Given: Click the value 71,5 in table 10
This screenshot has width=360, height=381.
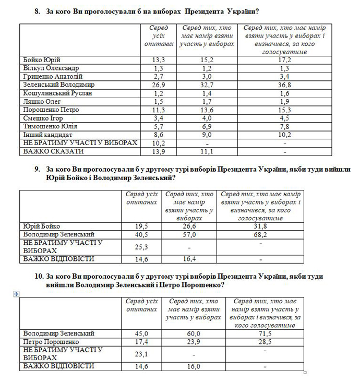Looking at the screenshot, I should click(x=266, y=333).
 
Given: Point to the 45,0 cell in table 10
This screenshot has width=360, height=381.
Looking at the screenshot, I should click(x=142, y=333).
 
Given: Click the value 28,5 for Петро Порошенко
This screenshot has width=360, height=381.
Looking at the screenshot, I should click(x=266, y=341).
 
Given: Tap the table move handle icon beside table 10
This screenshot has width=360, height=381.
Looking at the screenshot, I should click(x=17, y=294).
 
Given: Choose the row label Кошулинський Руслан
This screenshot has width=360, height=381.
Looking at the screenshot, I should click(x=57, y=93).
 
